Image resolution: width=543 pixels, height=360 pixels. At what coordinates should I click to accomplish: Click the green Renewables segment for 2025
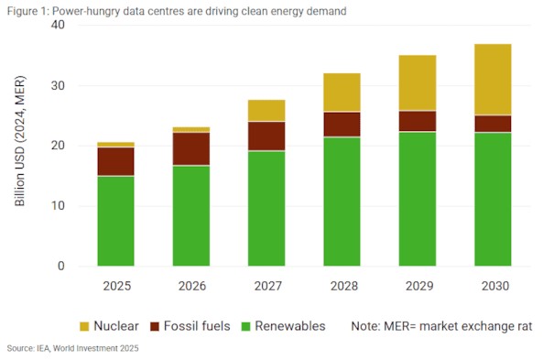[116, 221]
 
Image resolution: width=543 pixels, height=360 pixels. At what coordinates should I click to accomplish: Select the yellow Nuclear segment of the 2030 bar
[493, 80]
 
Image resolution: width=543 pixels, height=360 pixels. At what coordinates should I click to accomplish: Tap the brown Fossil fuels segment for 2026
[191, 148]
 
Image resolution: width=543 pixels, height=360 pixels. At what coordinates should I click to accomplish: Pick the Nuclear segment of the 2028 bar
[342, 93]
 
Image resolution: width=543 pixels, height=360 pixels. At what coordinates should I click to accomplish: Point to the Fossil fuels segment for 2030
[493, 124]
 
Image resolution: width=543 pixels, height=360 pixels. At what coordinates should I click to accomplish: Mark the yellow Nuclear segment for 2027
[266, 111]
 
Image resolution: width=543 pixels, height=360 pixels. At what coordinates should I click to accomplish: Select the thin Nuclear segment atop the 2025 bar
[116, 145]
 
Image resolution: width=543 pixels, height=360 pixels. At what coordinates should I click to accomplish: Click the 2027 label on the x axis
[266, 286]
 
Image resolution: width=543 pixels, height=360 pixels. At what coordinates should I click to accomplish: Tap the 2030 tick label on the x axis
[493, 286]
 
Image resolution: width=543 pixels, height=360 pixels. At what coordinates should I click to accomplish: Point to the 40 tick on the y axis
[57, 25]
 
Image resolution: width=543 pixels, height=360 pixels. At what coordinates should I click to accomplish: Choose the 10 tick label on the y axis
[57, 206]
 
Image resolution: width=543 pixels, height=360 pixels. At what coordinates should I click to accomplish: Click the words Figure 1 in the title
[27, 10]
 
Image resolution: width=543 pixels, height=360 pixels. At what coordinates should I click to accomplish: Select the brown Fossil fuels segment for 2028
[342, 125]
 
